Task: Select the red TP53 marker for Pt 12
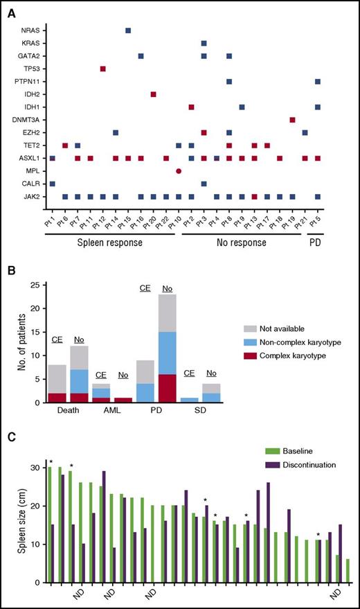coord(103,69)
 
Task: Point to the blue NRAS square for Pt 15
coord(128,30)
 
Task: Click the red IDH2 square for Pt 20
coord(154,94)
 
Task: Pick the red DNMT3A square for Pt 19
coord(292,120)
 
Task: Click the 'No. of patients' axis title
coord(17,342)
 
